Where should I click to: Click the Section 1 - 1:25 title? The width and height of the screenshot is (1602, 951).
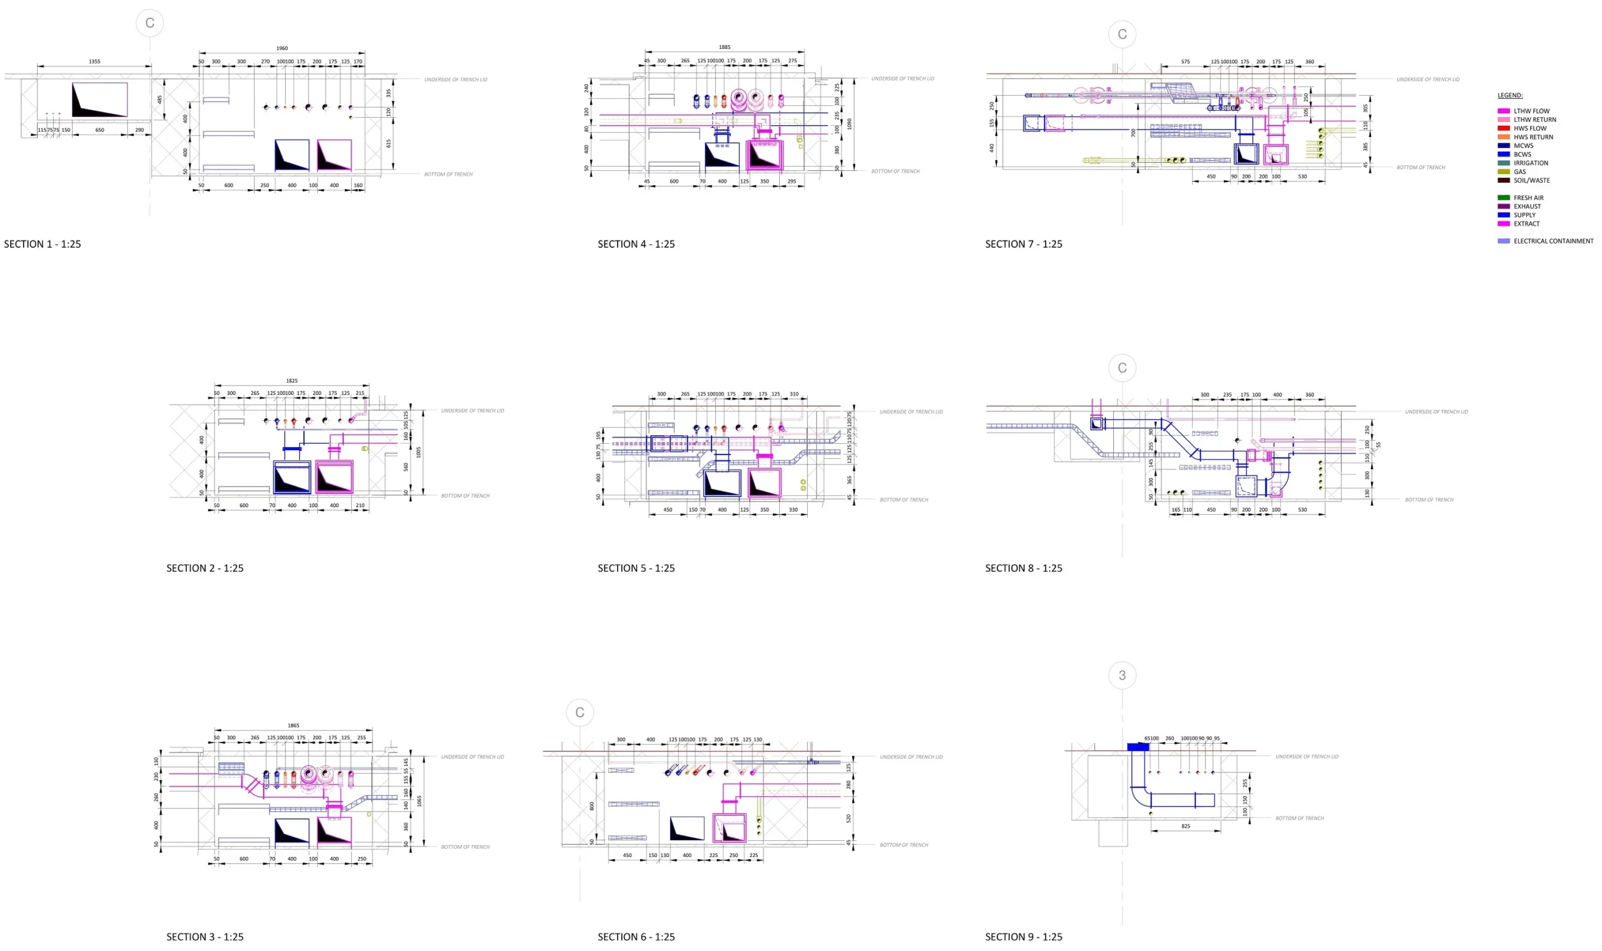point(43,244)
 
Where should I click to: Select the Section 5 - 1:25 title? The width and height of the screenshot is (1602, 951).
point(635,568)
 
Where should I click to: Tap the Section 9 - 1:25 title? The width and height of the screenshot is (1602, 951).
point(1023,937)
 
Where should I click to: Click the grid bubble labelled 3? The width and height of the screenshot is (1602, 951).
point(1121,676)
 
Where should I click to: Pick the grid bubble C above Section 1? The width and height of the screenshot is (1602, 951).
point(150,23)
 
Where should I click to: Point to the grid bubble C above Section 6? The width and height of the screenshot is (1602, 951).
point(579,712)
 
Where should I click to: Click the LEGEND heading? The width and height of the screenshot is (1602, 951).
point(1509,96)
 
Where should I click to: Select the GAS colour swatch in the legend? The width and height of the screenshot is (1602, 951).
point(1503,172)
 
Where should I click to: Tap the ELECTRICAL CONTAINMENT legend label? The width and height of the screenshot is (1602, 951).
point(1553,242)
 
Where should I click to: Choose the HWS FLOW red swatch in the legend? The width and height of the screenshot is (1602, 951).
point(1503,128)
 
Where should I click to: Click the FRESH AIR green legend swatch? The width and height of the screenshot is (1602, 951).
point(1503,198)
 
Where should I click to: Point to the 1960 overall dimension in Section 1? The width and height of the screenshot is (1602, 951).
point(282,48)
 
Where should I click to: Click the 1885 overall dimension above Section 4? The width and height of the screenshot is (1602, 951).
point(724,47)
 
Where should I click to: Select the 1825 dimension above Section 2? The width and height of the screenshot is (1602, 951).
point(292,381)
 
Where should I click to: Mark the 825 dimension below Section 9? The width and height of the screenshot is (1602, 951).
point(1185,826)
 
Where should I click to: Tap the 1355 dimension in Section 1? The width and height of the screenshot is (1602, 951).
point(94,61)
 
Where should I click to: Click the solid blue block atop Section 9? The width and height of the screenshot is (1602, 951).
point(1138,746)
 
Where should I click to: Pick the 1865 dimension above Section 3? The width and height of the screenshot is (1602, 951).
point(293,726)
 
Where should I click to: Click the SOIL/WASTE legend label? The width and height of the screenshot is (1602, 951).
point(1531,181)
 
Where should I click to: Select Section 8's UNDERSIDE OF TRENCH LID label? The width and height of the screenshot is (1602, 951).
point(1436,412)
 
